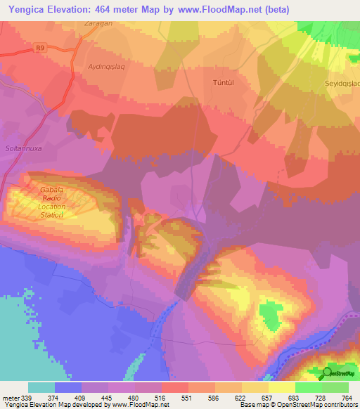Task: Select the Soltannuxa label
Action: tap(25, 129)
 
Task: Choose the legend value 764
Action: tap(347, 397)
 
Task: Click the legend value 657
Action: tap(267, 397)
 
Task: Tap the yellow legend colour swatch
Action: tap(281, 387)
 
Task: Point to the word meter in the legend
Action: tap(11, 397)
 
